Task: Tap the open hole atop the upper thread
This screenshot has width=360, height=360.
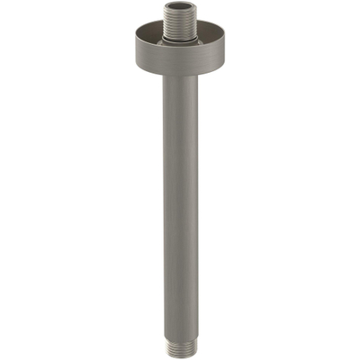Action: (x=180, y=7)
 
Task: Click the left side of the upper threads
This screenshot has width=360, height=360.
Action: (x=167, y=22)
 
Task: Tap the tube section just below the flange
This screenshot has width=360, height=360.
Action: (x=180, y=90)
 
